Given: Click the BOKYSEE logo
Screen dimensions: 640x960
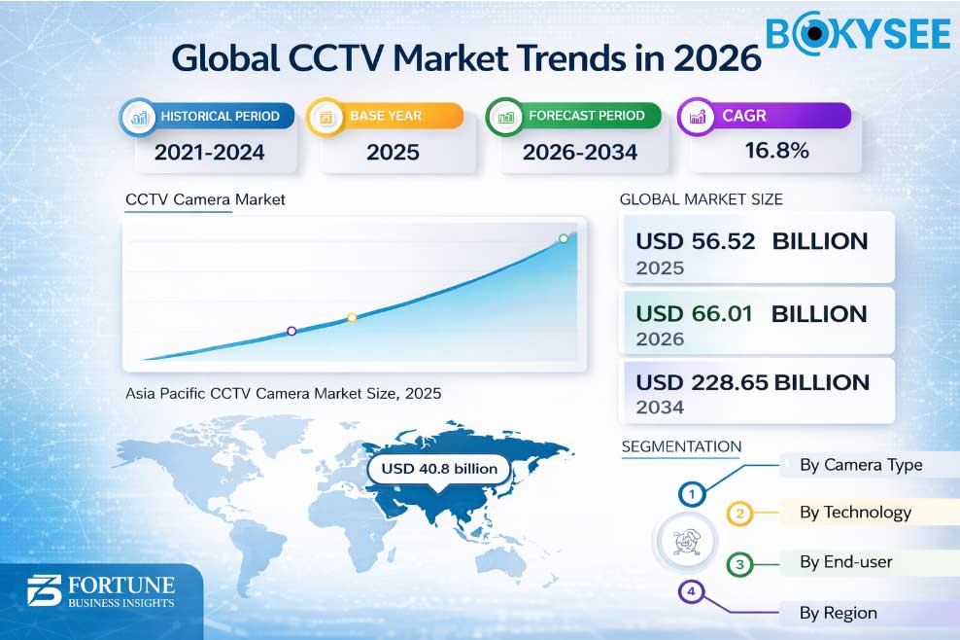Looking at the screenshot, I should point(857,33).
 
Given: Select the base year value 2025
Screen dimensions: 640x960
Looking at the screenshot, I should point(393,152).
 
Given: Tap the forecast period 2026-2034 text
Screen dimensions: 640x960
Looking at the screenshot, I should point(580,152).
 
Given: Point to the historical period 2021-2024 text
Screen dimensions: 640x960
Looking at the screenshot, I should point(209,152).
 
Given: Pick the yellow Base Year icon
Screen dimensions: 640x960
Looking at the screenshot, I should point(326,118).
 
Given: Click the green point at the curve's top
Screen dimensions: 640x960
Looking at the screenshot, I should point(563,238).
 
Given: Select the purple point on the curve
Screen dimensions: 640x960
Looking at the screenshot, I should point(291,332).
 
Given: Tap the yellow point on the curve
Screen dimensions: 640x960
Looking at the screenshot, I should point(352,318).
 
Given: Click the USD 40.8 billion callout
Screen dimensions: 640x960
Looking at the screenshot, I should point(439,469).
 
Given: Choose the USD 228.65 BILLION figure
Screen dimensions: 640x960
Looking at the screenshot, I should point(751,382).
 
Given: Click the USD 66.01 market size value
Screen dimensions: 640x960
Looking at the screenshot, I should point(695,314).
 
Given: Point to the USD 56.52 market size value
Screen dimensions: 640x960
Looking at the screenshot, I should point(695,241).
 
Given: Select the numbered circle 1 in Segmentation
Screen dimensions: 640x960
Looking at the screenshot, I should point(692,494).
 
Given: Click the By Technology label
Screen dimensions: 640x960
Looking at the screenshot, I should point(855,513).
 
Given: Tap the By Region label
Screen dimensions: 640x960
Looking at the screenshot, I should point(838,613).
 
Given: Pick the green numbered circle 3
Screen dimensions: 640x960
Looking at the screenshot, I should point(740,564).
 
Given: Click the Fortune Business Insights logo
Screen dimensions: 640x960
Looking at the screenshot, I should point(100,591).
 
